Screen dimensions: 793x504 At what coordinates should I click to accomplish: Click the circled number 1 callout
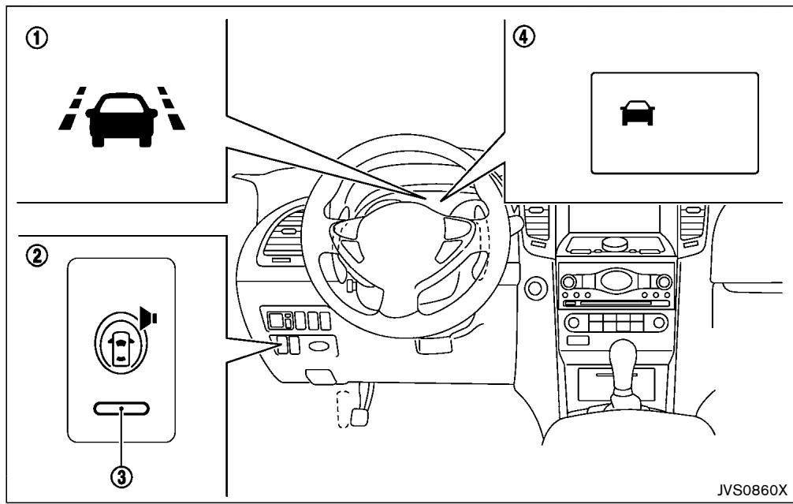(x=37, y=39)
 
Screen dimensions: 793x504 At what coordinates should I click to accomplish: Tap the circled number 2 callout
(x=37, y=256)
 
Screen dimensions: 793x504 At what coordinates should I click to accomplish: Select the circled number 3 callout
(x=122, y=476)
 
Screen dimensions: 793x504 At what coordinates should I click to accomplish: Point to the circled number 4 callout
(x=523, y=36)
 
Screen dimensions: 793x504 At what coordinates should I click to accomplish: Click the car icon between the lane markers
(x=121, y=119)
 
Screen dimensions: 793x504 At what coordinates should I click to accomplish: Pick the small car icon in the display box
(x=637, y=112)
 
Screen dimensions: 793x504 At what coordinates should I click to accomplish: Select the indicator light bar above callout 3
(x=121, y=409)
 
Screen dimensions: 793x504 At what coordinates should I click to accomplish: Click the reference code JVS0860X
(x=752, y=490)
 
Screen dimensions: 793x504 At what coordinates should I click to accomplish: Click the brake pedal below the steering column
(x=359, y=416)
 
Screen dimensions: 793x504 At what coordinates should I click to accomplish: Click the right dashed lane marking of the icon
(x=171, y=108)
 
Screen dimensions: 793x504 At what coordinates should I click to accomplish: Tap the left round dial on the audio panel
(x=568, y=282)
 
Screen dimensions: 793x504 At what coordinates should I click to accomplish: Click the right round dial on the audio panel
(x=664, y=282)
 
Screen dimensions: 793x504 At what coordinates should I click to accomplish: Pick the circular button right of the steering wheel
(x=534, y=288)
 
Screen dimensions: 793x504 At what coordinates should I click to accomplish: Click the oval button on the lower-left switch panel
(x=318, y=346)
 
